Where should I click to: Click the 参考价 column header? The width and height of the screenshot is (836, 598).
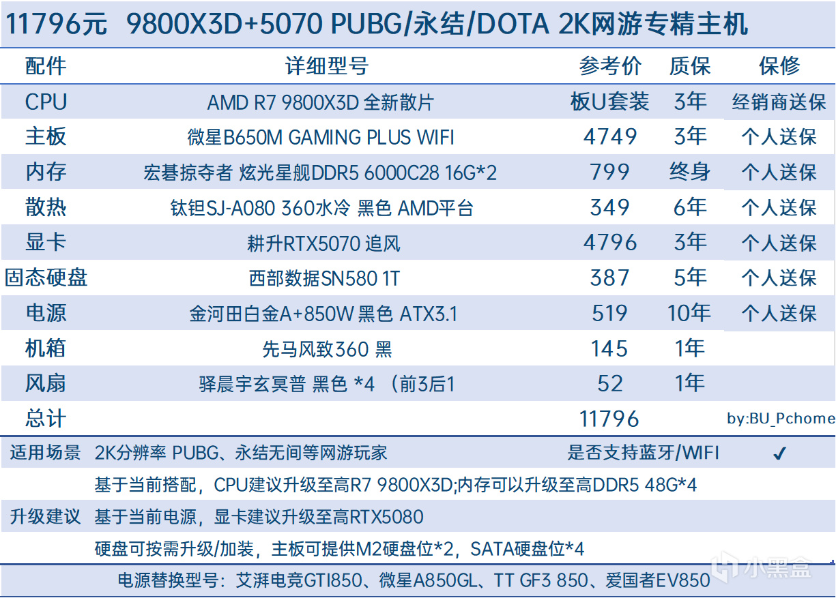(x=610, y=66)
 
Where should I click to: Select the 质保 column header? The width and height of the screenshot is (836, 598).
(x=690, y=66)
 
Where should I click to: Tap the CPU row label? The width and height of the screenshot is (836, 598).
(x=46, y=102)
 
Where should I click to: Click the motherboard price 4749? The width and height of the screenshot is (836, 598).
(x=610, y=137)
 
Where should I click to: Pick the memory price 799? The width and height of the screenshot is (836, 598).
(x=610, y=173)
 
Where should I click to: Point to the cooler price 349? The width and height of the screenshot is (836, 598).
(x=610, y=207)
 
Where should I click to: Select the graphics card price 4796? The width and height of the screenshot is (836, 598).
(x=610, y=243)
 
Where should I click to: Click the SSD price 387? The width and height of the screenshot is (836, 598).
(x=610, y=278)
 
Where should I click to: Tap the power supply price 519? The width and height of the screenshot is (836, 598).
(x=610, y=313)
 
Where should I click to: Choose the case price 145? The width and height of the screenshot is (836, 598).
(x=610, y=348)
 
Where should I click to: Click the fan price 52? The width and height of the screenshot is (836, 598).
(x=610, y=384)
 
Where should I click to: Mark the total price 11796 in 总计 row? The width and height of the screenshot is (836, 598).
(x=609, y=419)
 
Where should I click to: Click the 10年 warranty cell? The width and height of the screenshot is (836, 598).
(x=689, y=313)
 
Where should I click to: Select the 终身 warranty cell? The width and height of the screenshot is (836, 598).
(x=690, y=173)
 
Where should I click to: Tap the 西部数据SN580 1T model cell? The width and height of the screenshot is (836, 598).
(x=324, y=278)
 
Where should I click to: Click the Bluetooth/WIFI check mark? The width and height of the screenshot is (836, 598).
(x=780, y=453)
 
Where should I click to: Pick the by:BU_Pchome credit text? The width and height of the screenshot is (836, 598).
(x=780, y=419)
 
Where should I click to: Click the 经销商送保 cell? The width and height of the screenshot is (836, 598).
(x=779, y=102)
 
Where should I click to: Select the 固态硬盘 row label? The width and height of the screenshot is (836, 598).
(x=46, y=278)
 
